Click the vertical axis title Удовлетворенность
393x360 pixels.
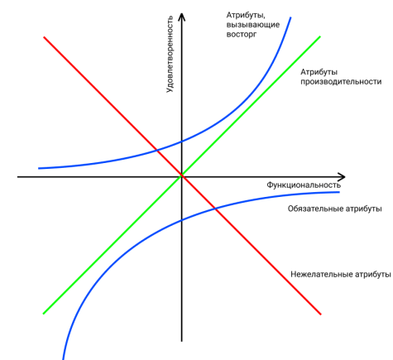coord(170,54)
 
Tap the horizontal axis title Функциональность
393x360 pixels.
coord(304,185)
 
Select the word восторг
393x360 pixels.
coord(242,35)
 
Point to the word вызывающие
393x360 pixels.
coord(253,25)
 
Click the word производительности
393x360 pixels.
coord(341,82)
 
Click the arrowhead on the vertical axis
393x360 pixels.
coord(181,17)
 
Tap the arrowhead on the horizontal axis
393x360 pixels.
coord(342,177)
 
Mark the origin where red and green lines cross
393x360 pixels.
coord(182,175)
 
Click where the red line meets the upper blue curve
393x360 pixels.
coord(156,151)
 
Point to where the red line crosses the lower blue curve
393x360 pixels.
coord(216,209)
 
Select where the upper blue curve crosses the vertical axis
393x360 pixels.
coord(181,142)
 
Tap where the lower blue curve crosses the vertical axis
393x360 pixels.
coord(181,220)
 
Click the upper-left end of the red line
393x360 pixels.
coord(44,37)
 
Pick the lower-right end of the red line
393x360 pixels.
coord(321,314)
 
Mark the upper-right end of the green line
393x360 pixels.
coord(320,36)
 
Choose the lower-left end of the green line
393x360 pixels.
coord(44,314)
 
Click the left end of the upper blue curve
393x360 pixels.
coord(39,168)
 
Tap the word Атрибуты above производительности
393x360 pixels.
coord(319,72)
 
